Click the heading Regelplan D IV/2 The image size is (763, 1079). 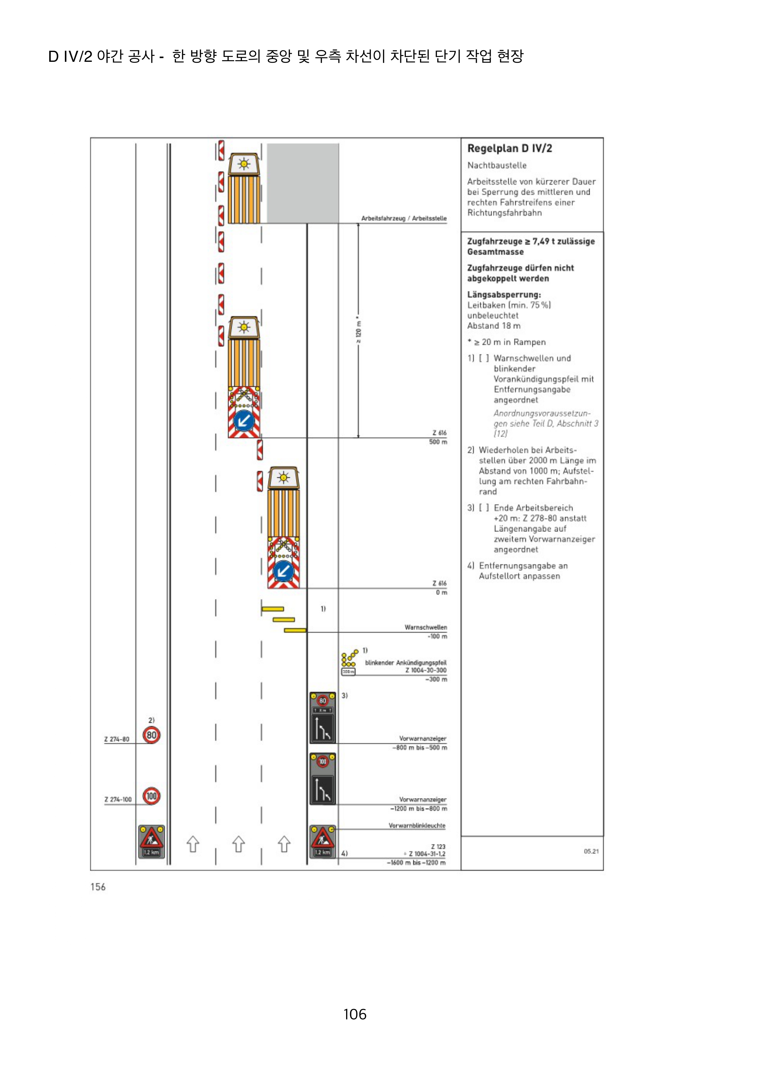[x=509, y=149]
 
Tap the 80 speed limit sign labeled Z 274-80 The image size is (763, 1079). [x=151, y=735]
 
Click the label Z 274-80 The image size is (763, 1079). [x=117, y=739]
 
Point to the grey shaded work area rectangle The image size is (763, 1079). [x=303, y=183]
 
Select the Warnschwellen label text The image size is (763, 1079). [x=425, y=627]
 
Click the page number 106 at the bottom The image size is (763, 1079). [x=355, y=1014]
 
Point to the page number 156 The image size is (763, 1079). [x=98, y=887]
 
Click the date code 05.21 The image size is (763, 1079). [x=591, y=851]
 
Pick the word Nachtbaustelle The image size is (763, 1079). [x=497, y=165]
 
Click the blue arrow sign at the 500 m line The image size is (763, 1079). [x=244, y=421]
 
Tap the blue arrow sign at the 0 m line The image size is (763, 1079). [x=283, y=571]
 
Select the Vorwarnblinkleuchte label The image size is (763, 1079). [x=417, y=826]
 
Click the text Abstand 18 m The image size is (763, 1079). [x=493, y=326]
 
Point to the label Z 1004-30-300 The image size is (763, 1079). [x=425, y=670]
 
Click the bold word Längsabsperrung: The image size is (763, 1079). [x=504, y=295]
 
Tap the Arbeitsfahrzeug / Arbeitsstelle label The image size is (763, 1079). [x=403, y=219]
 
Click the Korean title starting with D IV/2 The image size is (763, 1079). [x=286, y=56]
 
